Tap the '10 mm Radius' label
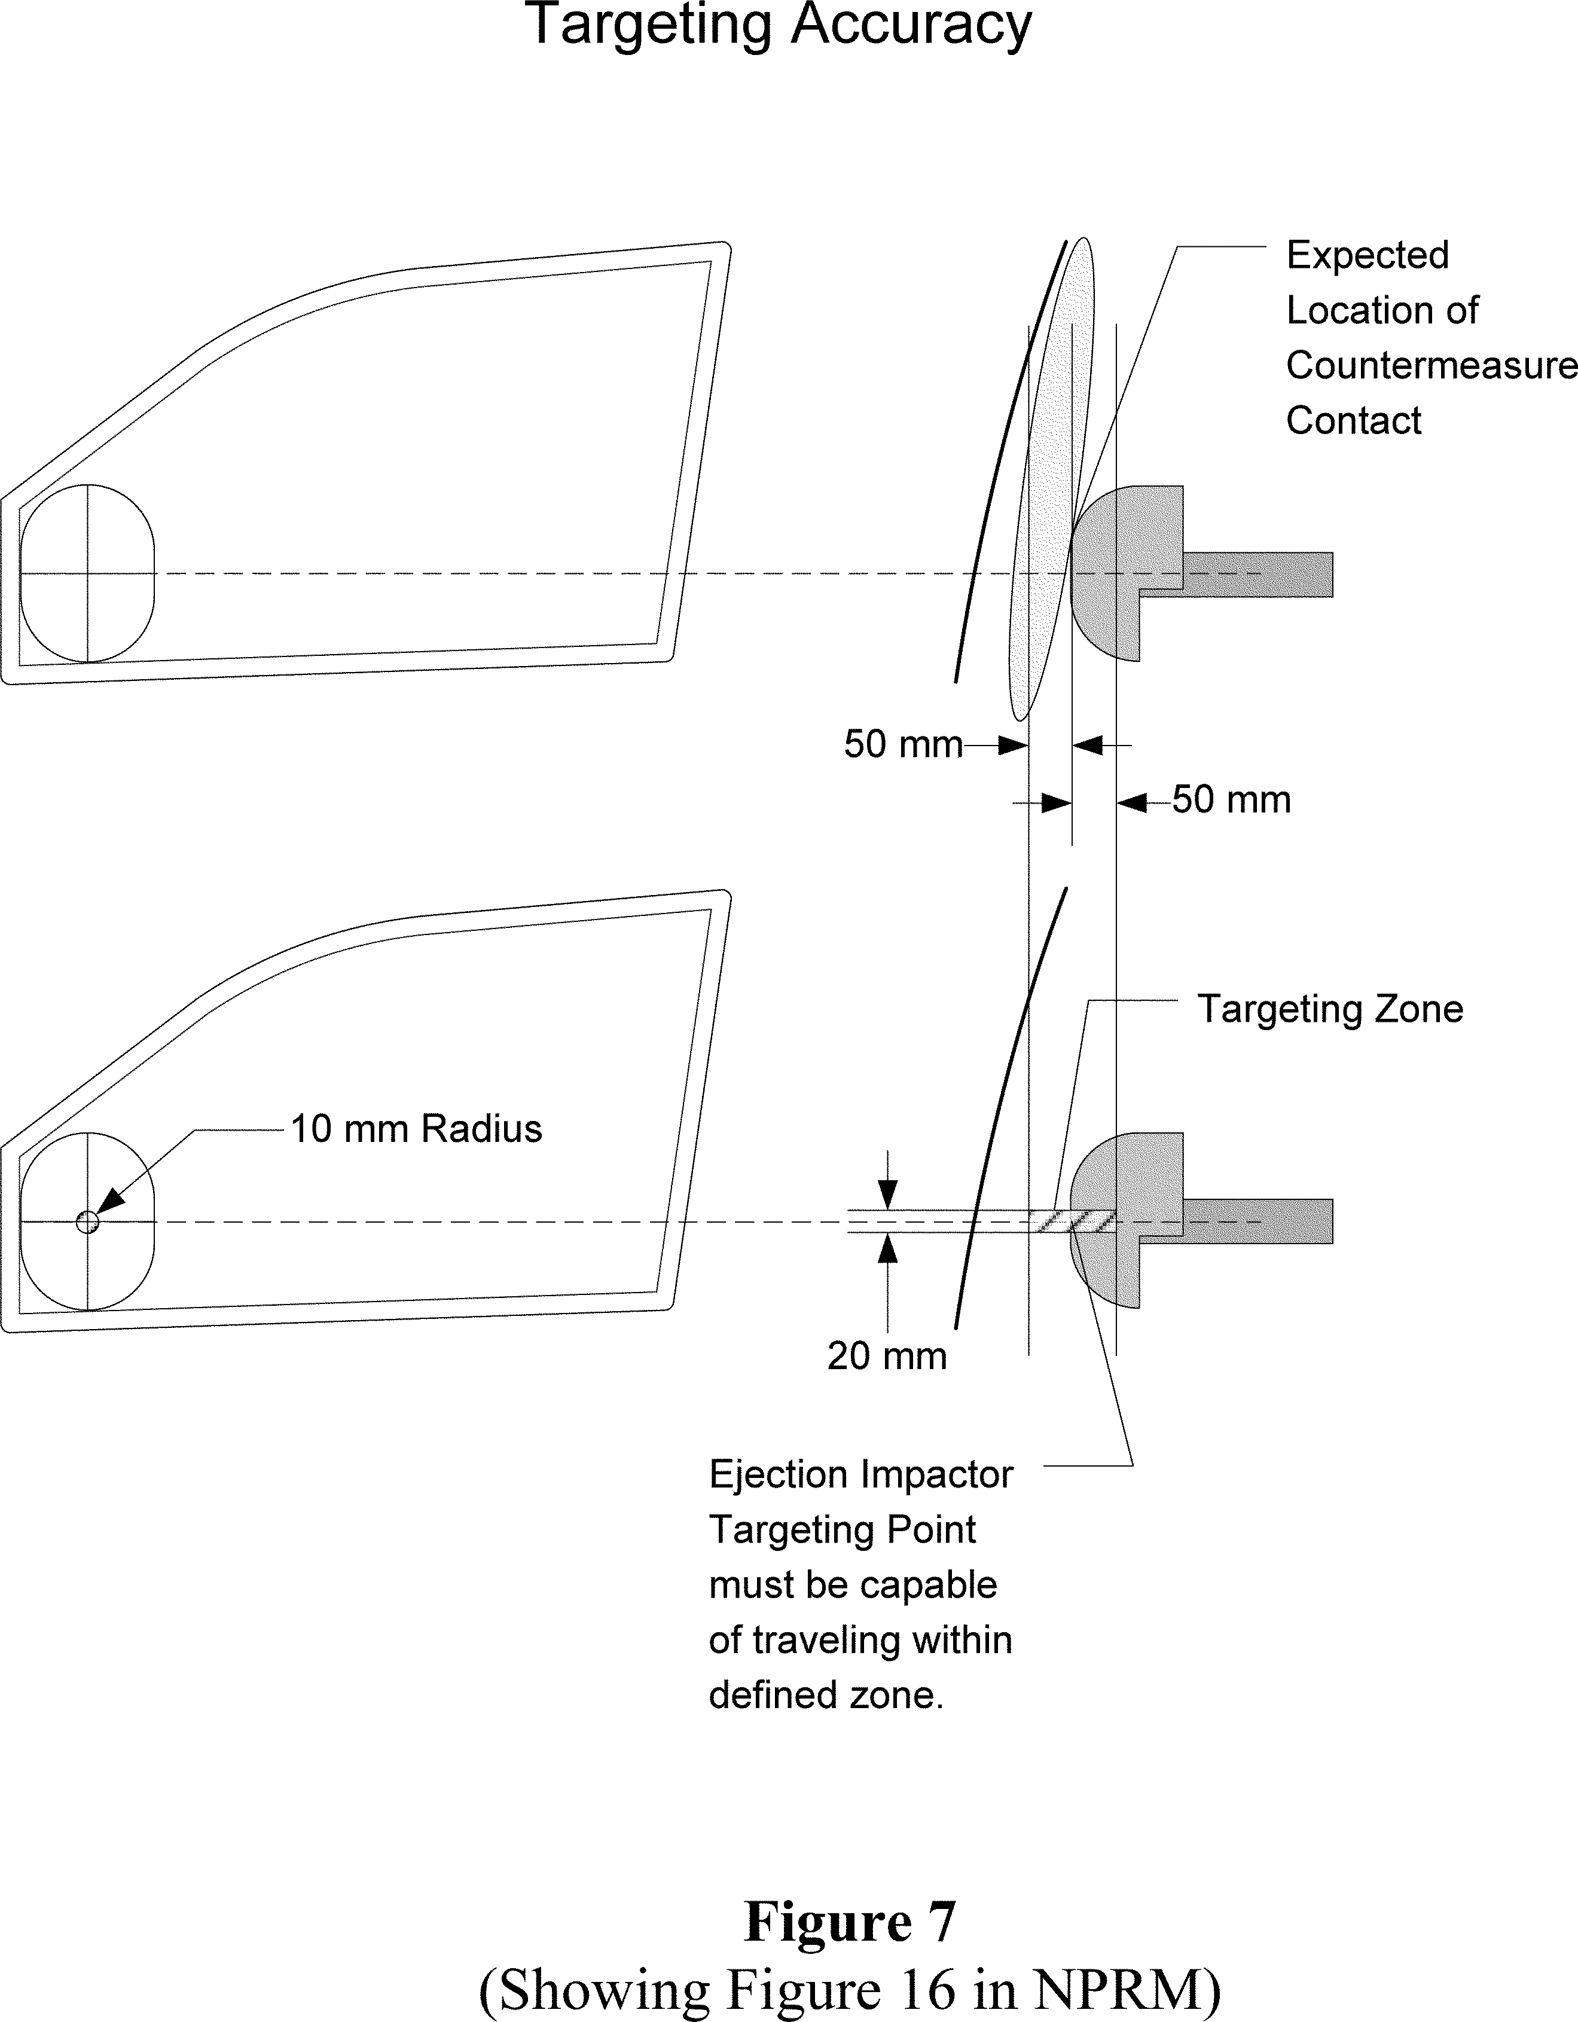pos(416,1129)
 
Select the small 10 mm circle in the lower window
pos(87,1222)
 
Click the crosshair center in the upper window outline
pos(87,574)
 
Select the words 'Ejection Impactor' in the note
pos(860,1475)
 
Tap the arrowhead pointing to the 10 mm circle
pos(109,1203)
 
